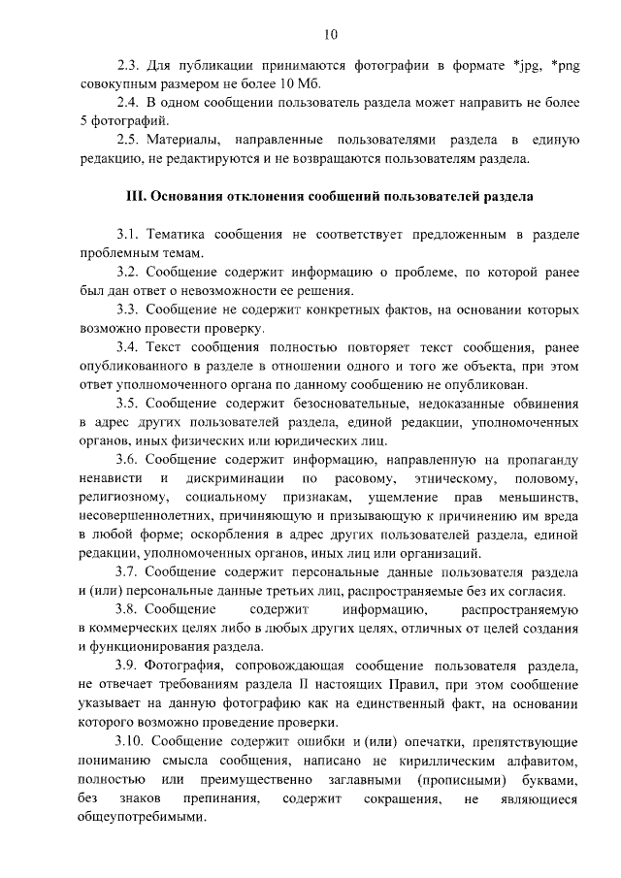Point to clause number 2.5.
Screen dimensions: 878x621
(127, 139)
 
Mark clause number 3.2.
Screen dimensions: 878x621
(127, 272)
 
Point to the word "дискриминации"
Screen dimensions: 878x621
(238, 480)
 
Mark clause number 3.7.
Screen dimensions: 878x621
(127, 572)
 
